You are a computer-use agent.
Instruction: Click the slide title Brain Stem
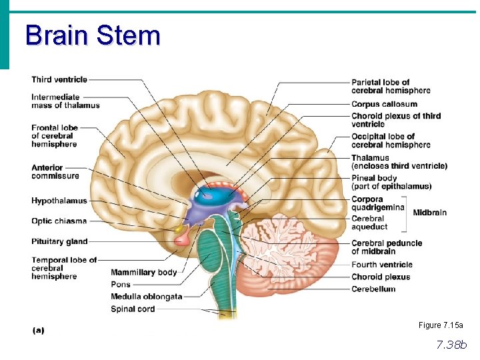(93, 35)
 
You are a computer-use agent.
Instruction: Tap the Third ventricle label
(59, 80)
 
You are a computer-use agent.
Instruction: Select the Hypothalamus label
(59, 201)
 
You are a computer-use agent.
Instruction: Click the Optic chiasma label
(59, 221)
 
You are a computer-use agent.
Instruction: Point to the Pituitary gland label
(59, 241)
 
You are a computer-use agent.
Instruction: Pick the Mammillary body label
(143, 272)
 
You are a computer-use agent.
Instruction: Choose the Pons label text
(121, 285)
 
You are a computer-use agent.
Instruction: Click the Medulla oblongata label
(146, 297)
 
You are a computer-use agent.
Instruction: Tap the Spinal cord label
(133, 309)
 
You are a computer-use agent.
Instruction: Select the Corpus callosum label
(384, 104)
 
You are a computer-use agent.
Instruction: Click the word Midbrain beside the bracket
(430, 213)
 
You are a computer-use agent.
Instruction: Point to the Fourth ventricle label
(382, 265)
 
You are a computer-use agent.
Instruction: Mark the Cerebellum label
(373, 289)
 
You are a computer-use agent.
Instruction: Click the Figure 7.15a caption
(441, 325)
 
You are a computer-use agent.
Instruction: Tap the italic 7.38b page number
(451, 345)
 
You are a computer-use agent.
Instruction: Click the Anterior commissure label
(55, 172)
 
